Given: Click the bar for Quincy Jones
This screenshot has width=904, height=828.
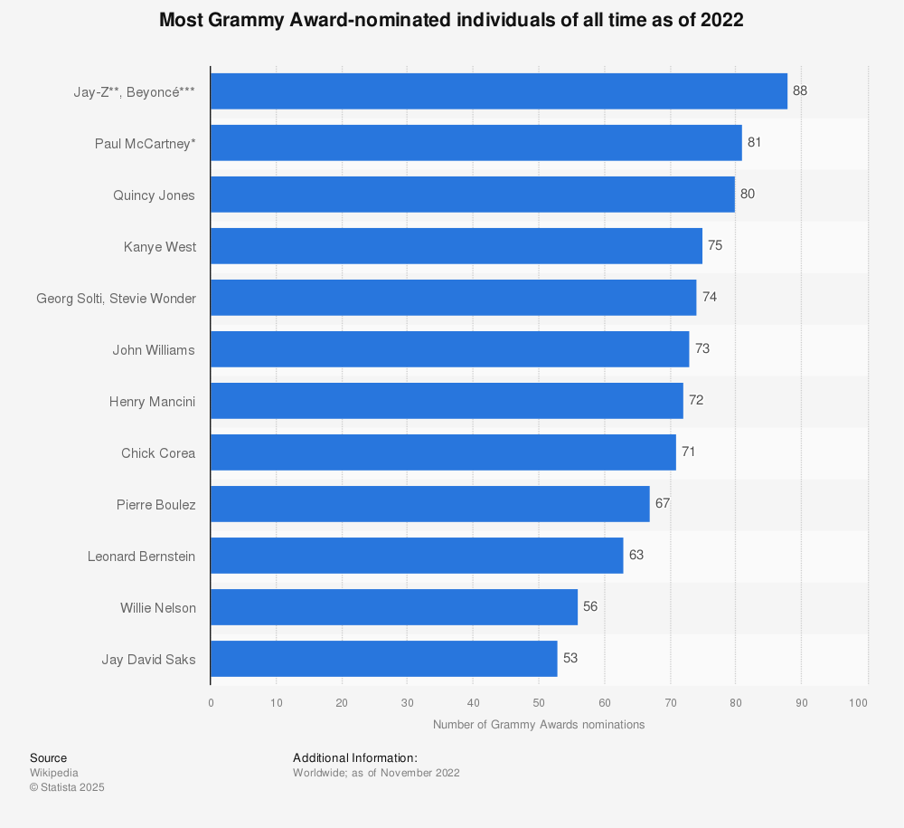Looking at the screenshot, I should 472,195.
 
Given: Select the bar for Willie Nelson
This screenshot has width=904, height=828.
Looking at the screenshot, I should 393,607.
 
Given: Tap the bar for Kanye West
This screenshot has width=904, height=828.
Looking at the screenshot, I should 456,246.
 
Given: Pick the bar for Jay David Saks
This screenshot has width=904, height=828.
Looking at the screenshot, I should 383,659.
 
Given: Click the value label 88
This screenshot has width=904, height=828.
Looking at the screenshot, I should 799,91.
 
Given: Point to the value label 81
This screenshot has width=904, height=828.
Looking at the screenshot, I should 754,143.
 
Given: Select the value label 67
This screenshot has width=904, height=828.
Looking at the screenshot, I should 662,503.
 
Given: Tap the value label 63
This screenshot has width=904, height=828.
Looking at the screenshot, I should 636,555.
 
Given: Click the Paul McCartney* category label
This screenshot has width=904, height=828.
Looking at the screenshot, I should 145,143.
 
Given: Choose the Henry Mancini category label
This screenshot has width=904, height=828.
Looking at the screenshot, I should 152,401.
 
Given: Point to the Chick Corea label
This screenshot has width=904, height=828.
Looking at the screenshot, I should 157,452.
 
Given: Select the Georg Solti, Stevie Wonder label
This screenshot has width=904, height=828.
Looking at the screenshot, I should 116,298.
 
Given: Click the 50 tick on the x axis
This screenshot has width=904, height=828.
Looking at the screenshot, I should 539,702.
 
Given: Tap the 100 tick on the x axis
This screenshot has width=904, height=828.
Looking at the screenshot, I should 859,702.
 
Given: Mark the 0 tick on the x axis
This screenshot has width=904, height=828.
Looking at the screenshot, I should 211,702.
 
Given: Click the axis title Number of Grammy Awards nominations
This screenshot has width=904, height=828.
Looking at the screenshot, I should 539,724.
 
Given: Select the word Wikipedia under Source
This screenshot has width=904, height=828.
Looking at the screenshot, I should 53,773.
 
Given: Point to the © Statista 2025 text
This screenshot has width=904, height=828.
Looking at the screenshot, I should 67,787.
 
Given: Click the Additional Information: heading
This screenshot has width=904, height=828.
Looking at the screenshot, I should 354,757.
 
